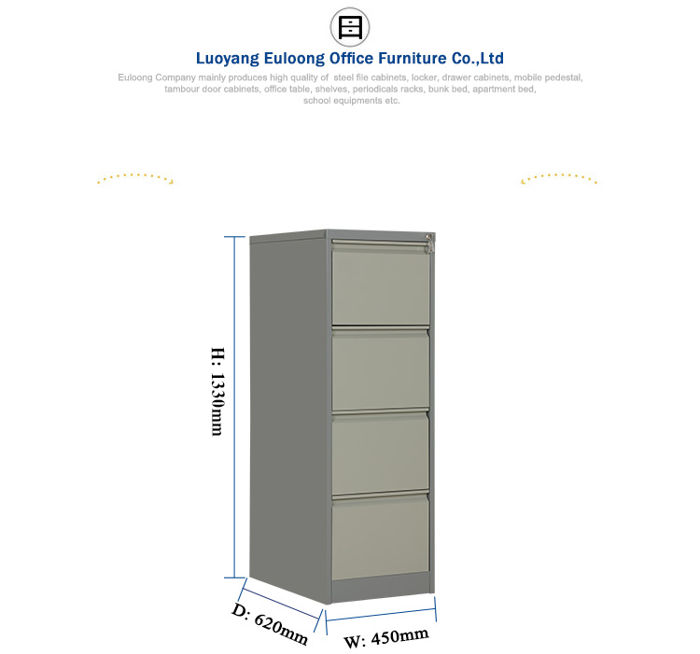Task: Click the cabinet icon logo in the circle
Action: [350, 27]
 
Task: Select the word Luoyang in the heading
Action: [227, 59]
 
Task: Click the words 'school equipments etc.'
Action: [351, 101]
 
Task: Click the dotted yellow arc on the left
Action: [135, 178]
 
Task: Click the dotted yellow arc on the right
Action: [559, 178]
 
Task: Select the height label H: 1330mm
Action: [217, 391]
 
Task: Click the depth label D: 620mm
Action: [270, 623]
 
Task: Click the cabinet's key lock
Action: [429, 243]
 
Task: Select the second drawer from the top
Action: [381, 369]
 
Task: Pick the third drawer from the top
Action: [381, 453]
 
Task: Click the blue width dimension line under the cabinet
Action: [381, 615]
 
